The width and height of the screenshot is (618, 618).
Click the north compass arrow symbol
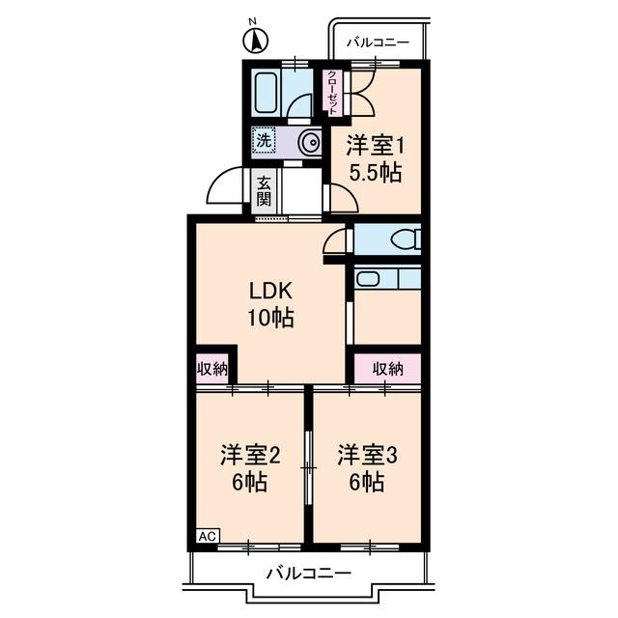click(x=255, y=40)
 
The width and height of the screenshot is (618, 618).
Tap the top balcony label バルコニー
click(x=378, y=42)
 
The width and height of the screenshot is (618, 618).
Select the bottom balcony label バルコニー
click(x=308, y=574)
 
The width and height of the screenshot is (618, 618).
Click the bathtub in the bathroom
click(x=267, y=94)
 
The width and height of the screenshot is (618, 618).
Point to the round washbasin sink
click(x=309, y=143)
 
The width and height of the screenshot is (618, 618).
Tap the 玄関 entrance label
click(x=264, y=191)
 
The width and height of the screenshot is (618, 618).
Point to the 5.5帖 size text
click(x=375, y=174)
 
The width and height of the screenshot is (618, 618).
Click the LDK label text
click(x=270, y=291)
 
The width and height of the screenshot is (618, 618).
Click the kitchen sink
click(x=368, y=278)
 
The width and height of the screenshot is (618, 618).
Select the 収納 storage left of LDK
click(x=212, y=368)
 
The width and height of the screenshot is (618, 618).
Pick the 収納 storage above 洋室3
click(x=387, y=368)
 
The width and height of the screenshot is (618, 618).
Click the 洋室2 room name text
click(x=250, y=455)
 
